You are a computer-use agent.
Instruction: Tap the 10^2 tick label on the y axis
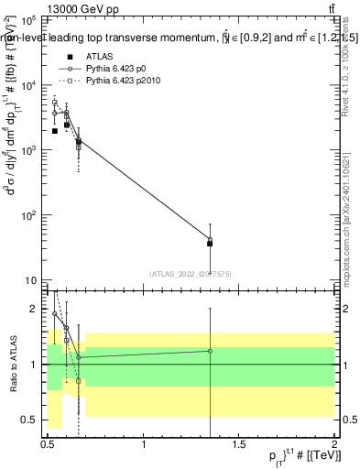[27, 215]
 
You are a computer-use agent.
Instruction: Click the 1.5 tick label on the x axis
[239, 444]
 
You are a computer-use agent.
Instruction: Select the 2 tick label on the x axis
[334, 444]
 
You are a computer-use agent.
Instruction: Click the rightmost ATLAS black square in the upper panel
[211, 244]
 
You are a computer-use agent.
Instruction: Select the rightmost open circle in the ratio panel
[211, 351]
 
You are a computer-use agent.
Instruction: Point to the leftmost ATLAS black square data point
[55, 131]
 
